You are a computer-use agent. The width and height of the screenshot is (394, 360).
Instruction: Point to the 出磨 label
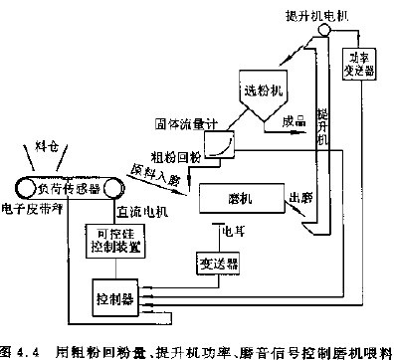point(300,197)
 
